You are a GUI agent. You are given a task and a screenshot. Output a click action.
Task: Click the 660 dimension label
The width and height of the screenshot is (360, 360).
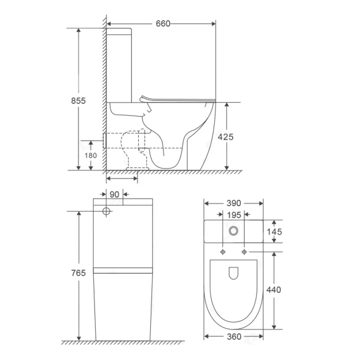(163, 23)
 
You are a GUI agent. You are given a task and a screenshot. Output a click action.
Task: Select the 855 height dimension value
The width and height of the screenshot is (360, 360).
(79, 101)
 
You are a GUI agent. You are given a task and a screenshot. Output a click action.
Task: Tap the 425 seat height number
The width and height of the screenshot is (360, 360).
(226, 137)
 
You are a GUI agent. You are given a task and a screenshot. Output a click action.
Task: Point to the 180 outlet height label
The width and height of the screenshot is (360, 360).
(91, 156)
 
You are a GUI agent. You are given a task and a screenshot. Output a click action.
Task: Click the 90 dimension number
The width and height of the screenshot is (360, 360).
(114, 195)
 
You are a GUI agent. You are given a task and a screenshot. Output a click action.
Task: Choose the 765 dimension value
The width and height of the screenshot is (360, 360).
(79, 273)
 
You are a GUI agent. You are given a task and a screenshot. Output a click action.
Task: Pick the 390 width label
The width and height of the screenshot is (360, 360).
(234, 203)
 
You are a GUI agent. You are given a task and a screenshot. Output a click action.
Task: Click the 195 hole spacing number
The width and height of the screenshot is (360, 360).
(234, 215)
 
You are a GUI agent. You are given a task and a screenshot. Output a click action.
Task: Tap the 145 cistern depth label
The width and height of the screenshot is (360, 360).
(274, 232)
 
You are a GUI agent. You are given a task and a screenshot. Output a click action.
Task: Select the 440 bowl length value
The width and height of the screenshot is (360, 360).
(274, 290)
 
